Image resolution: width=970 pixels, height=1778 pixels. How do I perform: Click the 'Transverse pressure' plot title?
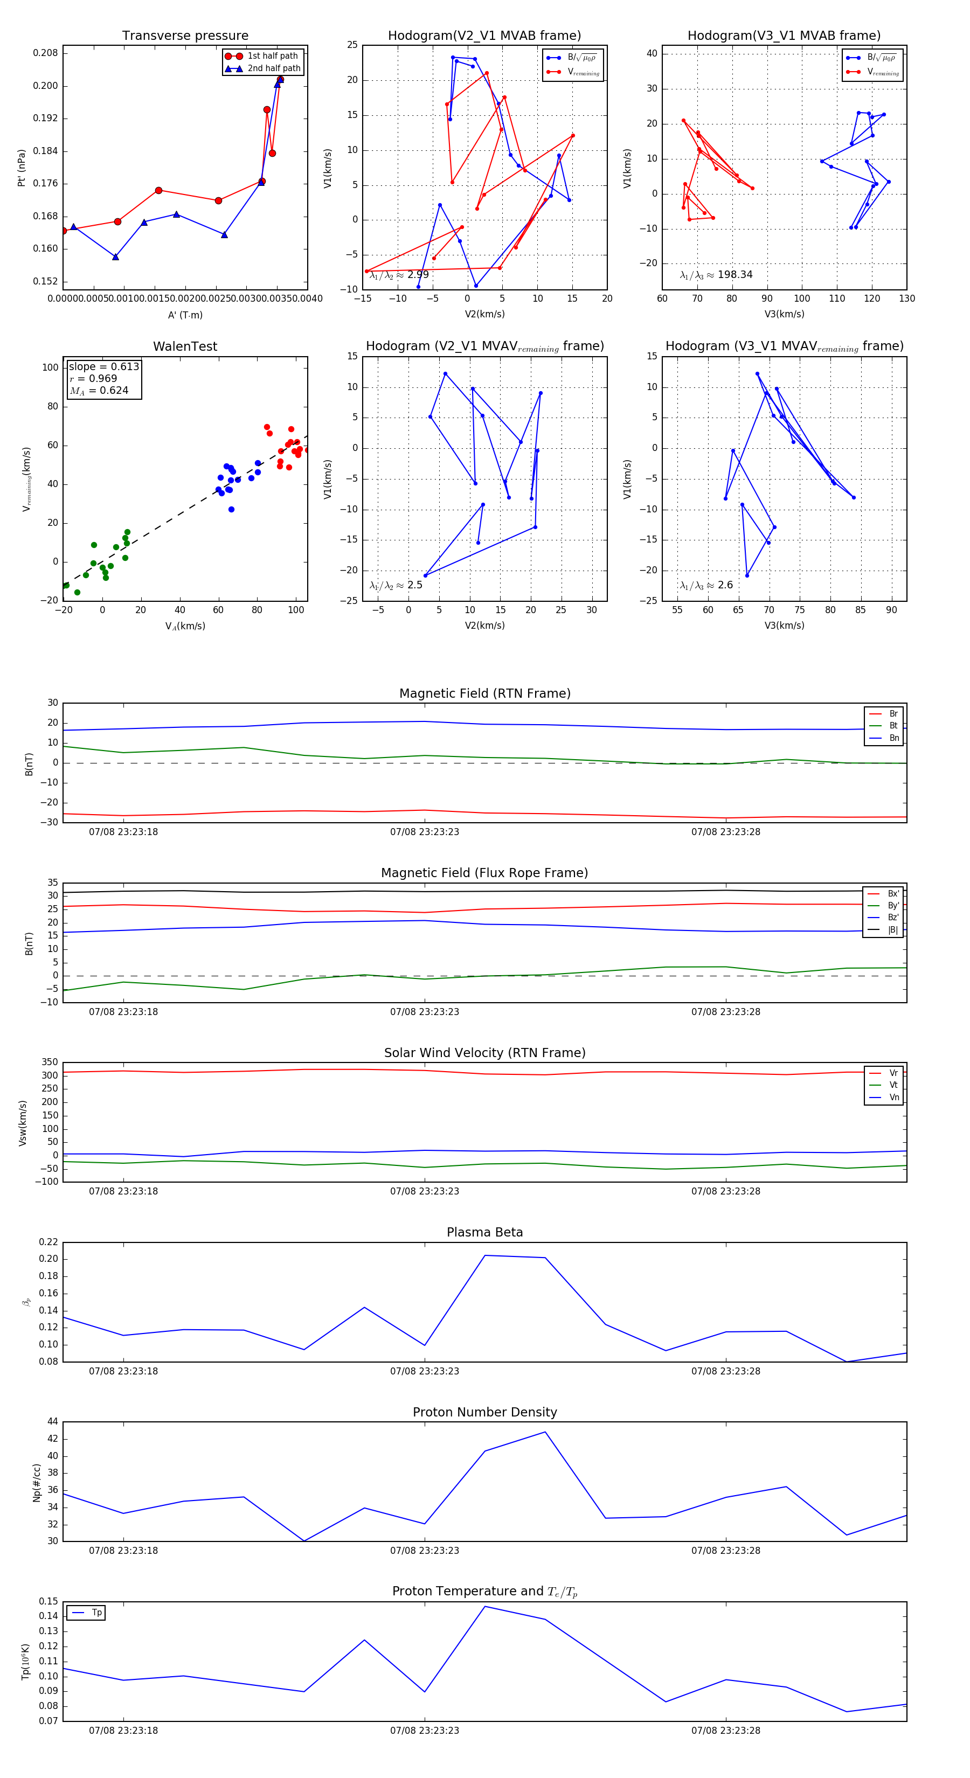pos(185,36)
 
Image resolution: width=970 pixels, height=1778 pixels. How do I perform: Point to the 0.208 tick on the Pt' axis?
pos(46,53)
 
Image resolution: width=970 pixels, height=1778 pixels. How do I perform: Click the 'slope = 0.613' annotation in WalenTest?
pos(103,366)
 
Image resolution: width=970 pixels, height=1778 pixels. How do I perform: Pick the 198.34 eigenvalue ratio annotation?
pos(716,275)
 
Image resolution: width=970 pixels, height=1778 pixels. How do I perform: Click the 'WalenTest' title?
pos(185,346)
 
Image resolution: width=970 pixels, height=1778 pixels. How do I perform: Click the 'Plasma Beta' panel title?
pos(484,1232)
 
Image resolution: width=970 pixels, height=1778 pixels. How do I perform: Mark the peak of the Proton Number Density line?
pos(545,1432)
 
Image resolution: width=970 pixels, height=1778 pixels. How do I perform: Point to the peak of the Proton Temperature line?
pos(484,1606)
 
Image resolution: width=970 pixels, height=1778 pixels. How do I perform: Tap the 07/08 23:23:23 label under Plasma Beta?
pos(425,1371)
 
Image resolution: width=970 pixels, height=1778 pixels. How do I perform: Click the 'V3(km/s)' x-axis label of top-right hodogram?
pos(784,314)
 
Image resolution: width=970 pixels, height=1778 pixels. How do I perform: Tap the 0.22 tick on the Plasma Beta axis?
pos(48,1242)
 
